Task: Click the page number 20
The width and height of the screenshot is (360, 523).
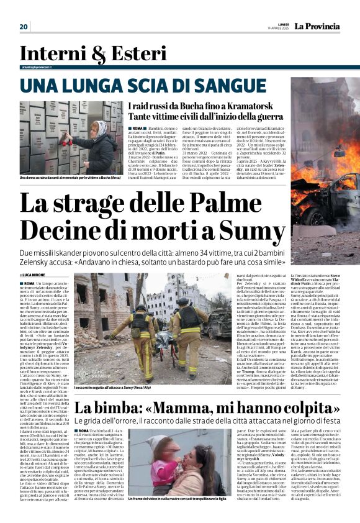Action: coord(24,26)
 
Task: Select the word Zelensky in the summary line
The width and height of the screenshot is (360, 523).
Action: coord(37,264)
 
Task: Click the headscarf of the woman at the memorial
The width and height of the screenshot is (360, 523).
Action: coord(99,130)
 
